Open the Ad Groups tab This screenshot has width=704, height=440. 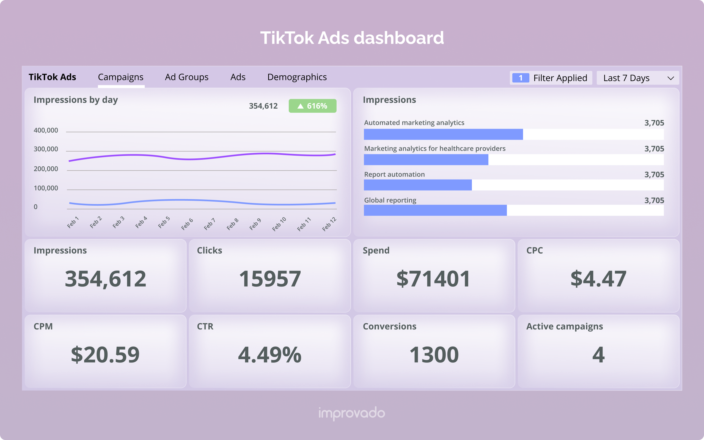(x=186, y=77)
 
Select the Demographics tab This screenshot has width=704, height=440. (x=297, y=77)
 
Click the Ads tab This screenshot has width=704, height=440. (x=238, y=77)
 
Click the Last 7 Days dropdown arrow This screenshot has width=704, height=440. (x=670, y=78)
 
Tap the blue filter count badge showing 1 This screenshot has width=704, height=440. (x=520, y=78)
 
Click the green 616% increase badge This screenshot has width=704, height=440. (x=312, y=106)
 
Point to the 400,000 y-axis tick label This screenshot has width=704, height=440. (x=46, y=130)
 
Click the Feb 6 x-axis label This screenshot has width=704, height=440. (x=187, y=224)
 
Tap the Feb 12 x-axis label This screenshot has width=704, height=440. (x=329, y=224)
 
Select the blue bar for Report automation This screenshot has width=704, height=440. (x=417, y=185)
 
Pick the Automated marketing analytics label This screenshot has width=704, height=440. (x=414, y=123)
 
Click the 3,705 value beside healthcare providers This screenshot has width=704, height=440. (x=654, y=149)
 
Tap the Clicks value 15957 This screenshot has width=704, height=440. (x=270, y=279)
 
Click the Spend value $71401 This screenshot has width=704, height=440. (x=433, y=279)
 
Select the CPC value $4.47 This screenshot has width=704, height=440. (x=598, y=279)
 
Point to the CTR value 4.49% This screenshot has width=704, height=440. (x=270, y=355)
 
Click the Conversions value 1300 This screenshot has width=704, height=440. (x=434, y=355)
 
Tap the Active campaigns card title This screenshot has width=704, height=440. (x=564, y=326)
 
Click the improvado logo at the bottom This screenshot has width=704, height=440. (x=352, y=413)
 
